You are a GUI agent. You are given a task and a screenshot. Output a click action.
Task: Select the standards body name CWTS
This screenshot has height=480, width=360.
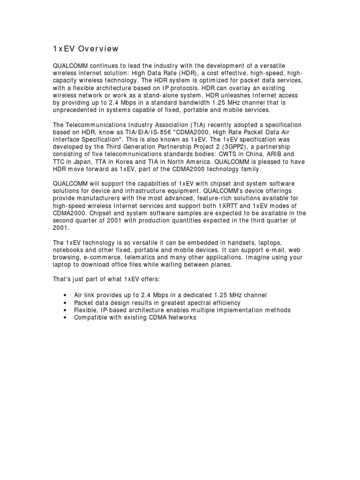tap(242, 154)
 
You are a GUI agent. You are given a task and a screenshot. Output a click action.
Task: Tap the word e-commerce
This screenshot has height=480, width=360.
tap(100, 258)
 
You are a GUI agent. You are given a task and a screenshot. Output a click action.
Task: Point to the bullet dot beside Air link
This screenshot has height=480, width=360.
tap(64, 295)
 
